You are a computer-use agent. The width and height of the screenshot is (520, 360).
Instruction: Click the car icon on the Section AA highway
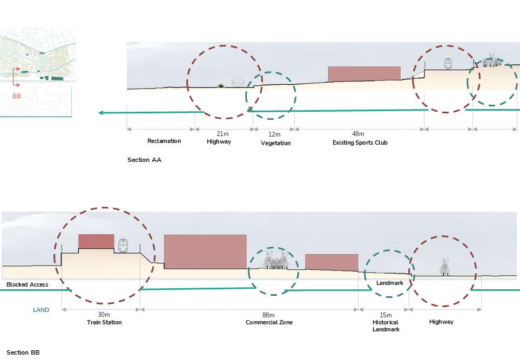click(238, 82)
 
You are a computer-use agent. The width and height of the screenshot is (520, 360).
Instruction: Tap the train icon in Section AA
click(448, 64)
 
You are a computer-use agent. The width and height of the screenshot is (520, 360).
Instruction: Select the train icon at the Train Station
click(123, 246)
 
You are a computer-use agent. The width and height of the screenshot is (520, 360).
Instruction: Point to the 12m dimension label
click(274, 134)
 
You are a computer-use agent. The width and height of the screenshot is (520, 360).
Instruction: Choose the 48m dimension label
click(358, 134)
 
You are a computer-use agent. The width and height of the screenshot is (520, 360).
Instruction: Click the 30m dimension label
click(104, 315)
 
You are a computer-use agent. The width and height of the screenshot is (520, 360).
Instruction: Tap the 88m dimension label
click(268, 315)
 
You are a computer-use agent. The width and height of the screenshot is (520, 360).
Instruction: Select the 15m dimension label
click(386, 315)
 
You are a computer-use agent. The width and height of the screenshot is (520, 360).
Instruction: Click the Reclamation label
click(164, 141)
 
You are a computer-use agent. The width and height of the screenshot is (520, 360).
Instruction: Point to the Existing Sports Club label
click(360, 142)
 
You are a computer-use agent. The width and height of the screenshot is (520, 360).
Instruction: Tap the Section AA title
click(144, 160)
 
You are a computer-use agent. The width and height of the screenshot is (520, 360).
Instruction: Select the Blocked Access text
click(27, 284)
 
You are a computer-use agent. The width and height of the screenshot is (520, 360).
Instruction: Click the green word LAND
click(41, 310)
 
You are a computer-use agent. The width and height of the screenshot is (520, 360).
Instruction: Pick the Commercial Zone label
click(269, 322)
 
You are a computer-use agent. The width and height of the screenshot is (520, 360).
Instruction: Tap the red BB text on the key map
click(17, 96)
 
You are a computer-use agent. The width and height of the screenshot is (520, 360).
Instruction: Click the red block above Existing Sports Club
click(364, 73)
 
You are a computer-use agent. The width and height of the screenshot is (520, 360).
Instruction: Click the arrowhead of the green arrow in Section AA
click(102, 113)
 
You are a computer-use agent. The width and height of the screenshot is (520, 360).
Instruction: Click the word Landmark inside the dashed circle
click(390, 283)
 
